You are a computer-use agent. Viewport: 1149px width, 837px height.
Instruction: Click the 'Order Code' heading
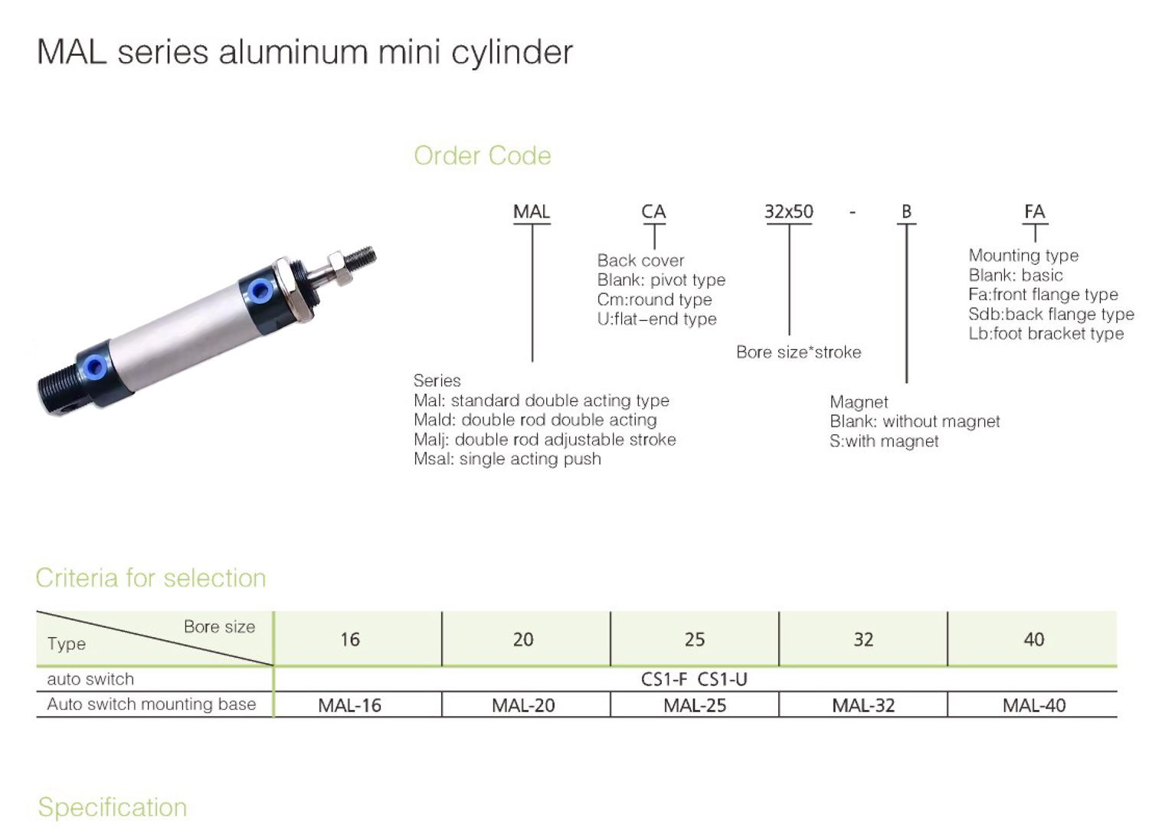482,155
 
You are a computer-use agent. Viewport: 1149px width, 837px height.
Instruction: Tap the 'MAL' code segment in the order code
532,211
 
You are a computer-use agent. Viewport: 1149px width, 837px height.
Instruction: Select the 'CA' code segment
653,211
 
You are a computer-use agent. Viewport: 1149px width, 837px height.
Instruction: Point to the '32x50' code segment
789,211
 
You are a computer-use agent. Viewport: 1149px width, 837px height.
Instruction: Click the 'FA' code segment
1035,211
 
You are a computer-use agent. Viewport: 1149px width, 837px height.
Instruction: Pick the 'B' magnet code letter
906,211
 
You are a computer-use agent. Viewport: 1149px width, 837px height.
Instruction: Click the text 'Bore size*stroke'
799,351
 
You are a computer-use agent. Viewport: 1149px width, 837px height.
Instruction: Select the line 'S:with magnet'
884,441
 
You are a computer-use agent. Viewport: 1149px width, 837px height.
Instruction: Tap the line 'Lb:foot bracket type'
1046,333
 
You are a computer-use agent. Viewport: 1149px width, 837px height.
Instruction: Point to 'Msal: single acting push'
507,459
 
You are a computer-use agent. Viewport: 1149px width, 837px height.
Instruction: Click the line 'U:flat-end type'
656,319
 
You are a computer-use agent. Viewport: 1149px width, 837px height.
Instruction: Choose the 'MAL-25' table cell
695,705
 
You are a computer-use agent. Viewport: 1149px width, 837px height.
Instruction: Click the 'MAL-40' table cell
1034,705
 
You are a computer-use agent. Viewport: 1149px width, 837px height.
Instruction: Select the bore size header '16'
350,639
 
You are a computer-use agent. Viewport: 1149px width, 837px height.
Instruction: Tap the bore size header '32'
863,639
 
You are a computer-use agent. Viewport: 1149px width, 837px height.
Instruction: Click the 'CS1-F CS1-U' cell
694,679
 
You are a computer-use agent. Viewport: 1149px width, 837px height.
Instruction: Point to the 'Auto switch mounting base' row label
152,705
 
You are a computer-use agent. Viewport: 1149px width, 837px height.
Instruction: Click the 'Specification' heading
113,807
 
